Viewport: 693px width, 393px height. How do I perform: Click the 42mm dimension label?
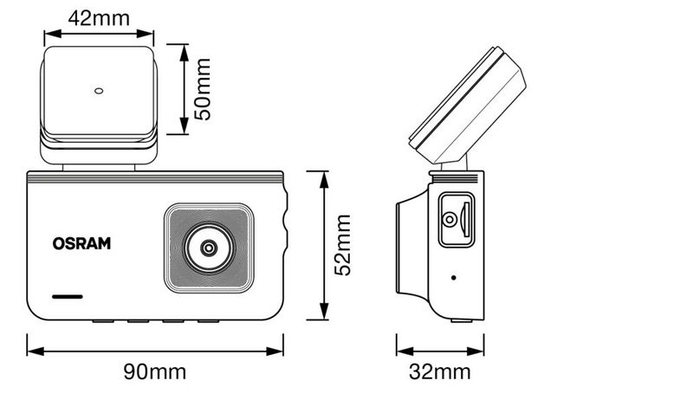(99, 18)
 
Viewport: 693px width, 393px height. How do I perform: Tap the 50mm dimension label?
(203, 89)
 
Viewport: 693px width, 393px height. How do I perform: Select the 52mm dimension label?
(342, 245)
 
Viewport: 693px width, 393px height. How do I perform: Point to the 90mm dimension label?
(155, 372)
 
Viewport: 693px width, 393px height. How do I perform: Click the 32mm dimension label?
(440, 372)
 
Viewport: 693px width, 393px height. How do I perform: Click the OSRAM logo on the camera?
(81, 243)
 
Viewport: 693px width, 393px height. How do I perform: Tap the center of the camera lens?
(209, 248)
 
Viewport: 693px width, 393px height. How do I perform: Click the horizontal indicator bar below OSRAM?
(68, 297)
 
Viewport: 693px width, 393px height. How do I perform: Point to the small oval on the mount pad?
(99, 91)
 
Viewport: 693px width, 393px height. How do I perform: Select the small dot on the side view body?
(453, 278)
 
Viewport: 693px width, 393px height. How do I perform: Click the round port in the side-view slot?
(450, 219)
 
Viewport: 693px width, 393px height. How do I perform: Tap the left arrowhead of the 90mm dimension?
(36, 351)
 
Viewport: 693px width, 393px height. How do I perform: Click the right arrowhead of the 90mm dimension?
(275, 351)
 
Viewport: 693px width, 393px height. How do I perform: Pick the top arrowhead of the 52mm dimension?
(324, 180)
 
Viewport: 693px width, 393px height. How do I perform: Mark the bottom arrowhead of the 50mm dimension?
(185, 126)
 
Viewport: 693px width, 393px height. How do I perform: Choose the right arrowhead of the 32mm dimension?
(476, 351)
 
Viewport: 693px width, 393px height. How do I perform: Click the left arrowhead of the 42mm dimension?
(53, 34)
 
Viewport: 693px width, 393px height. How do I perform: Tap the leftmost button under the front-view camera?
(103, 321)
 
